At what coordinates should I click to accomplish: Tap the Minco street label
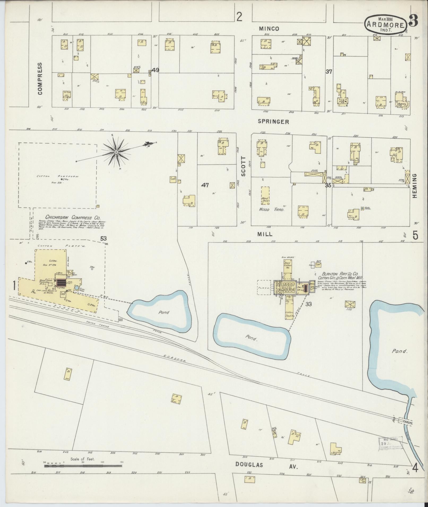coord(269,29)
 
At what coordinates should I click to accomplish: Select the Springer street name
coord(273,122)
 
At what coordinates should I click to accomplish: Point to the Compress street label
coord(40,79)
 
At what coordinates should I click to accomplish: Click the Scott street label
coord(243,166)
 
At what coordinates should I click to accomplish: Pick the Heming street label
coord(415,186)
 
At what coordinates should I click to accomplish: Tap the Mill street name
coord(265,234)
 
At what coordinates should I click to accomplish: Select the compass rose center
coord(116,152)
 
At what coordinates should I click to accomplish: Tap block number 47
coord(205,185)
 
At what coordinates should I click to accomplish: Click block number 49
coord(155,70)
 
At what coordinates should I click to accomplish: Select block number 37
coord(329,72)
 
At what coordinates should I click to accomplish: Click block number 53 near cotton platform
coord(103,239)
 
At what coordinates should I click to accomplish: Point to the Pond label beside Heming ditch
coord(399,351)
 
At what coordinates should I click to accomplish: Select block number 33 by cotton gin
coord(308,304)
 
